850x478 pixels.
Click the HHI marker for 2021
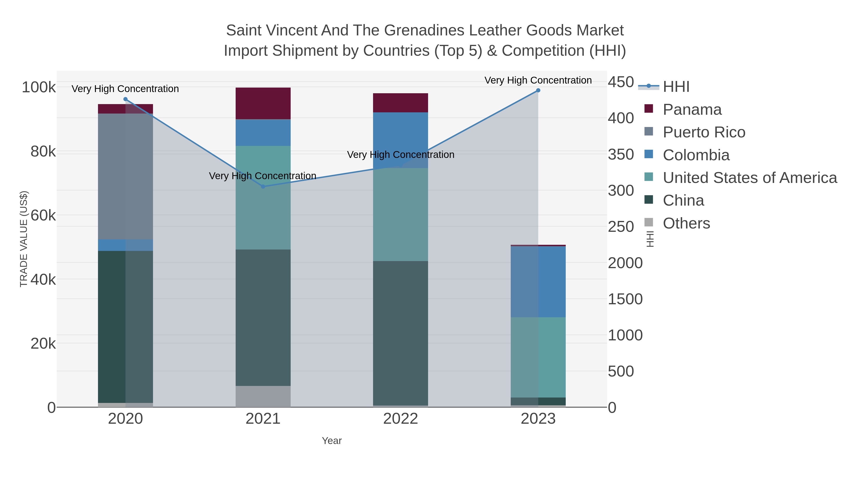tap(263, 187)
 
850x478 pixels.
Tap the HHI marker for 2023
tap(538, 90)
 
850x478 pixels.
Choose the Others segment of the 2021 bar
tap(263, 397)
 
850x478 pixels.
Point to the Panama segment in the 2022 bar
tap(401, 103)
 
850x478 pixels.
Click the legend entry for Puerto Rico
tap(704, 132)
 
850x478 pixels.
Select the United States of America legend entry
tap(750, 178)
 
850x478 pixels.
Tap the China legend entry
tap(683, 201)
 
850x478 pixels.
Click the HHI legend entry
tap(676, 87)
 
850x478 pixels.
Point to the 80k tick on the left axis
tap(43, 152)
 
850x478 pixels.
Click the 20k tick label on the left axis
tap(43, 344)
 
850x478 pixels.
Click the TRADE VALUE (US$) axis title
tap(24, 239)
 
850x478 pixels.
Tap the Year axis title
tap(332, 441)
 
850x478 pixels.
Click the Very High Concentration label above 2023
tap(538, 80)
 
